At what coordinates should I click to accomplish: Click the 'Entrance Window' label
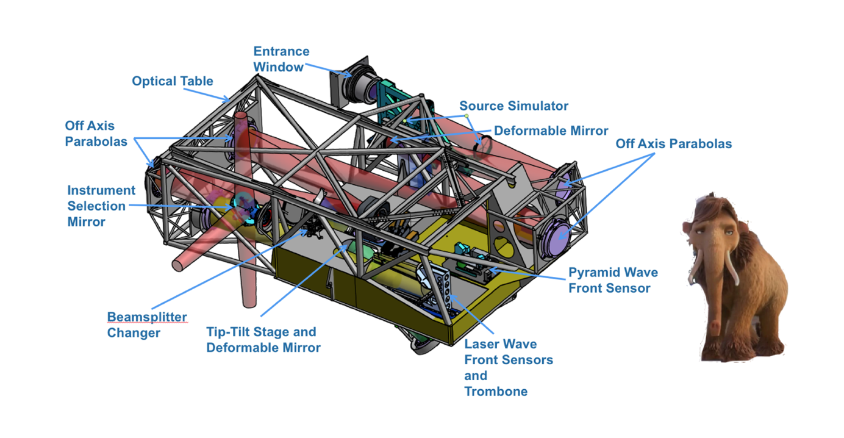[x=281, y=59]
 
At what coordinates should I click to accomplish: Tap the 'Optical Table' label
[x=173, y=81]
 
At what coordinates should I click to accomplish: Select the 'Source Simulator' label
[x=513, y=106]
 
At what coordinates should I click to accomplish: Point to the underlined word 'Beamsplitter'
[x=147, y=317]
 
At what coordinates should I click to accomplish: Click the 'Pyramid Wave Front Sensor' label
[x=613, y=280]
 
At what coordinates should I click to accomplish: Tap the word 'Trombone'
[x=496, y=392]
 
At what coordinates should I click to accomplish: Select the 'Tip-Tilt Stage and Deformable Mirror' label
[x=263, y=340]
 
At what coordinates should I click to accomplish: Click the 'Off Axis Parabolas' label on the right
[x=673, y=144]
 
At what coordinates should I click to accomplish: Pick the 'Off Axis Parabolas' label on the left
[x=96, y=134]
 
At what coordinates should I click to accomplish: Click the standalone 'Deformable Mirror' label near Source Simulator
[x=551, y=131]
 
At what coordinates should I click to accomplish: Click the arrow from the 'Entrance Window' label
[x=329, y=71]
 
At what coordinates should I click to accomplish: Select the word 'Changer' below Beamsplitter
[x=134, y=333]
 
